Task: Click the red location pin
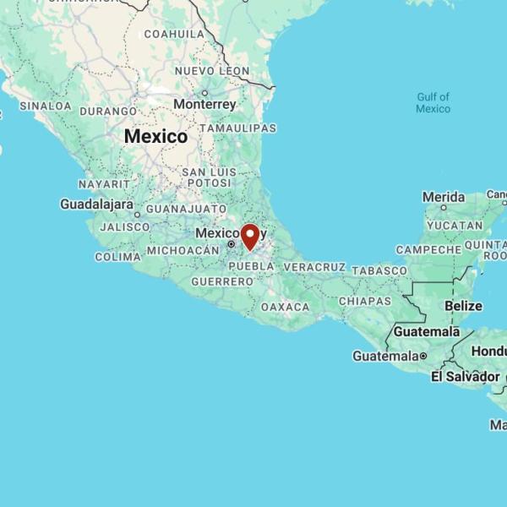[x=250, y=236]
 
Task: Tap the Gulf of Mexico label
[x=433, y=103]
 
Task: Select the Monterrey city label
[x=204, y=104]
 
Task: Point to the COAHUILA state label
[x=175, y=34]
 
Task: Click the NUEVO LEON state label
[x=212, y=71]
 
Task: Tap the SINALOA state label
[x=45, y=106]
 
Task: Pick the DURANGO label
[x=108, y=111]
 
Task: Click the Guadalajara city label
[x=96, y=204]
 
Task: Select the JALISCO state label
[x=124, y=226]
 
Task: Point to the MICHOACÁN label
[x=183, y=250]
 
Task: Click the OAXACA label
[x=285, y=307]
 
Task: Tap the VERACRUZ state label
[x=313, y=266]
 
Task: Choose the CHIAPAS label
[x=365, y=301]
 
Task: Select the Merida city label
[x=444, y=197]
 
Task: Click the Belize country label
[x=463, y=306]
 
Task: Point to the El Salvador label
[x=465, y=376]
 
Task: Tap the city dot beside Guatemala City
[x=423, y=357]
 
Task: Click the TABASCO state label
[x=379, y=270]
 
